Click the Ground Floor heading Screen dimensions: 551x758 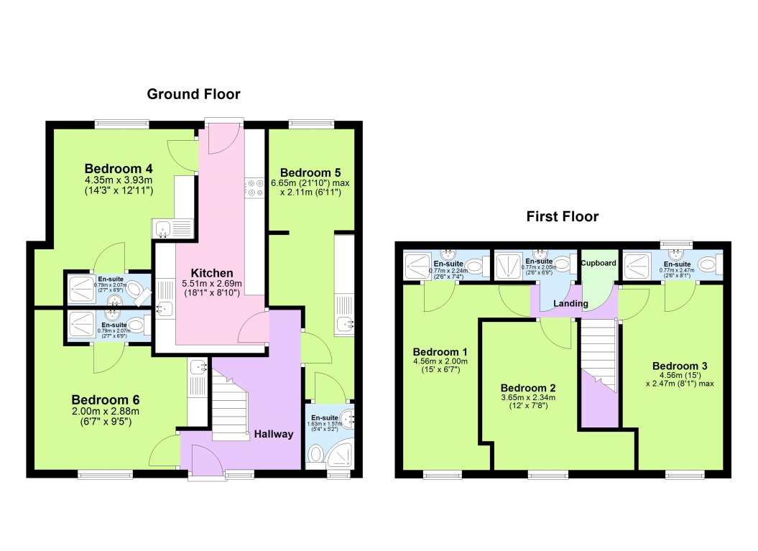tap(193, 94)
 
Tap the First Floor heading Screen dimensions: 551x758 tap(562, 216)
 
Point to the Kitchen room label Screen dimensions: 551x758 tap(211, 273)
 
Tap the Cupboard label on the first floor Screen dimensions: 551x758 tap(598, 263)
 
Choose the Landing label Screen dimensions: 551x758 tap(570, 304)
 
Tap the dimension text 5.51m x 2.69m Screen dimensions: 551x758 tap(211, 284)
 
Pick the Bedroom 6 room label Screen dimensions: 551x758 tap(105, 400)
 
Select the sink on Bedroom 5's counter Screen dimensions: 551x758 tap(343, 324)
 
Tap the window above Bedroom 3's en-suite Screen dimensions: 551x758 tap(677, 244)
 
